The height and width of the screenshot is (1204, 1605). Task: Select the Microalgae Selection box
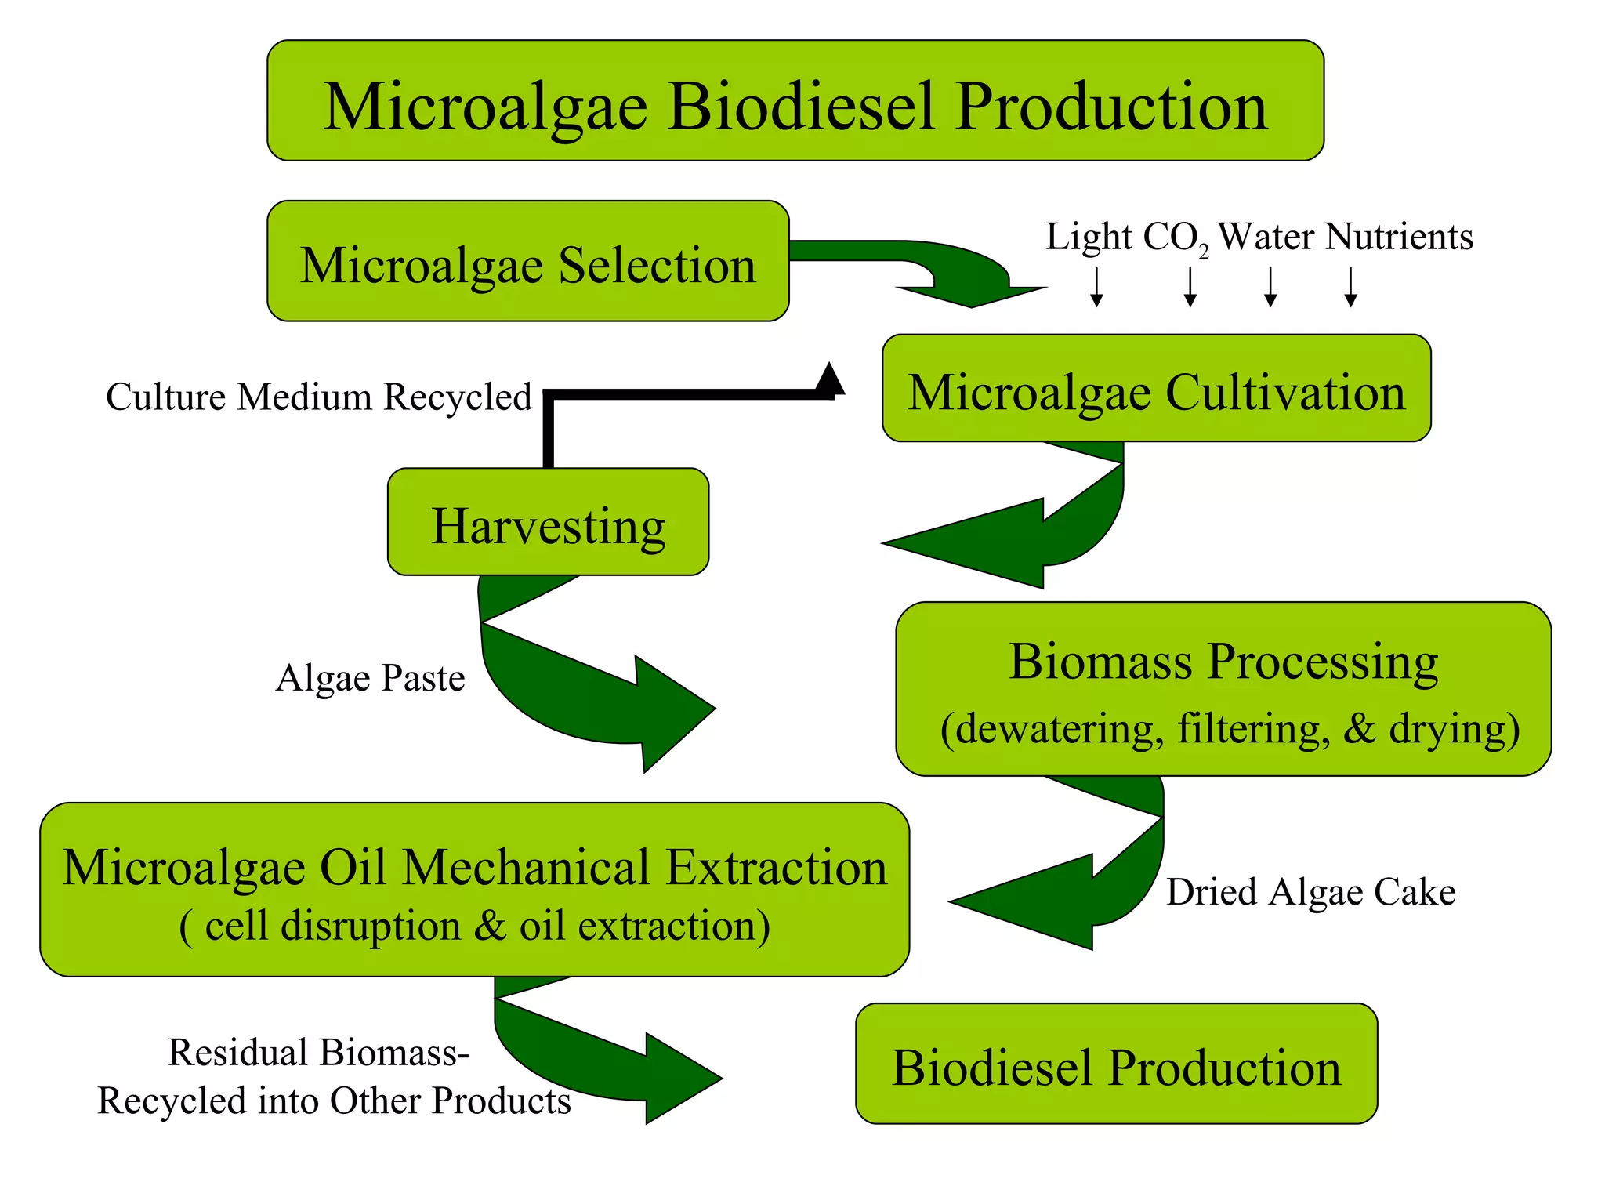point(527,262)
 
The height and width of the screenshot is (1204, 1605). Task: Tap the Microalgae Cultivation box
point(1156,390)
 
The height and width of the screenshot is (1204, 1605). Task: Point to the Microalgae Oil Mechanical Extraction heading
point(474,867)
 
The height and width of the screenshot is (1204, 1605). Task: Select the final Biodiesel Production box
point(1116,1064)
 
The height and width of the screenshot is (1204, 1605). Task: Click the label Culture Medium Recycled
point(319,397)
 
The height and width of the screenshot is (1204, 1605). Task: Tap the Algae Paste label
point(370,678)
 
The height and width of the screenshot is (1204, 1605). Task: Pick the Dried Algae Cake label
point(1310,892)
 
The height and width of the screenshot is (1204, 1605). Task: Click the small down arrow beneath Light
point(1096,288)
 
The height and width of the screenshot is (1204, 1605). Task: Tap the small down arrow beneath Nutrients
point(1350,288)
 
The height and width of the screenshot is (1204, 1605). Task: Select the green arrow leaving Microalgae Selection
point(940,270)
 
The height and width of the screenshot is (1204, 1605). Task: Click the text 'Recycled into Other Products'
point(334,1101)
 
